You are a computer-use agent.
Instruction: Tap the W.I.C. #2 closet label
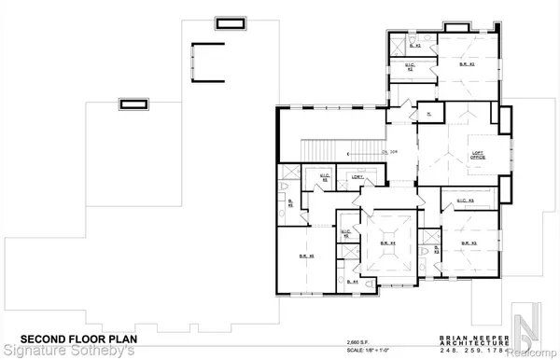pos(410,66)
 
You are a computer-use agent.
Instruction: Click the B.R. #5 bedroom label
pos(303,256)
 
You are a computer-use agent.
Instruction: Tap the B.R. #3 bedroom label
pos(469,244)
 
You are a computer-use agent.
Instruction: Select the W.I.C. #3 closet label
pos(457,201)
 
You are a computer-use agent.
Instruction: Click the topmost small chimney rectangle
pos(229,22)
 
